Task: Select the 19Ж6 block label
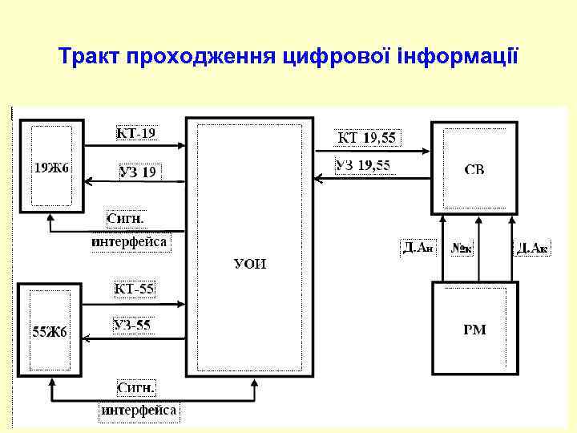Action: click(51, 168)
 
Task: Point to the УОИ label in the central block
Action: click(250, 264)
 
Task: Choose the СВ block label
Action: click(474, 169)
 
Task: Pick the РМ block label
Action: click(474, 330)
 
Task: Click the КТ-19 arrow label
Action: click(135, 133)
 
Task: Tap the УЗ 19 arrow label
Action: click(138, 172)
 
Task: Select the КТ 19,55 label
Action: click(366, 138)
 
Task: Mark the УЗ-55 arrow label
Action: click(132, 326)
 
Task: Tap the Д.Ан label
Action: click(418, 248)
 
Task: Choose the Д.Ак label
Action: click(532, 248)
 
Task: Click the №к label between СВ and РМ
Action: click(462, 249)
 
